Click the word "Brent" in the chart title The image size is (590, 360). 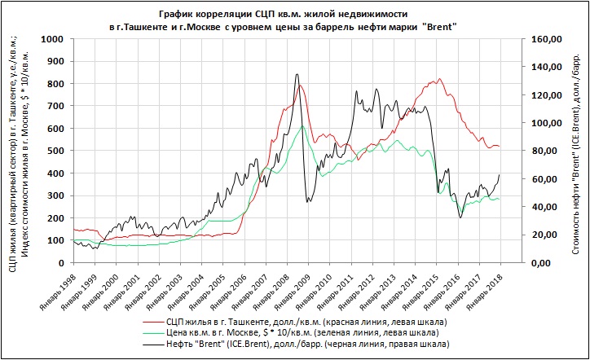click(x=437, y=27)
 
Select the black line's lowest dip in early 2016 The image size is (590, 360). click(x=460, y=217)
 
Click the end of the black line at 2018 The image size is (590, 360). click(x=499, y=175)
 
